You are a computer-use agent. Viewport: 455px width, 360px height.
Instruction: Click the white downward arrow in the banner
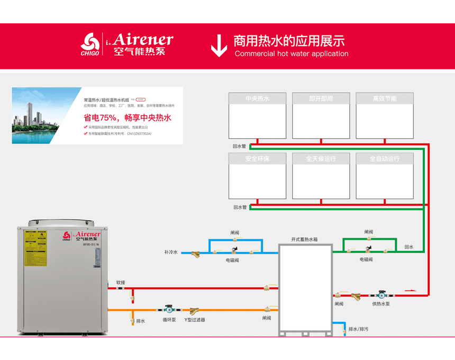pos(219,46)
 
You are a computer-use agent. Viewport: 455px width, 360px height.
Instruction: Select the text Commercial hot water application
pos(292,53)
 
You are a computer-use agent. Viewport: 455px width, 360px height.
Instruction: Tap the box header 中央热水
pos(257,98)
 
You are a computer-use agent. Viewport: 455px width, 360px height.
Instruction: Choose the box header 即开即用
pos(321,98)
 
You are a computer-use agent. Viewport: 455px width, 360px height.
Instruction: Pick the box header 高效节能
pos(384,98)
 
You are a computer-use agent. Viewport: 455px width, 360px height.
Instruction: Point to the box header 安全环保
pos(257,158)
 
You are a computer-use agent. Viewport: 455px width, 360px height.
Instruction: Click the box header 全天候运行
pos(321,158)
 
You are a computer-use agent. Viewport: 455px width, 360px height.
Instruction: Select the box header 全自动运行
pos(384,158)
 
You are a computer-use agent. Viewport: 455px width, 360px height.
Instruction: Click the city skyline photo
pos(45,115)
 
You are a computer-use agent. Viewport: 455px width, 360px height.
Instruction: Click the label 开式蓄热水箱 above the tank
pos(304,239)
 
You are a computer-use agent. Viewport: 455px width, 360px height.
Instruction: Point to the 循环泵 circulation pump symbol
pos(169,309)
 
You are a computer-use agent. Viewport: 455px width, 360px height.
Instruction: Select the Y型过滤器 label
pos(195,320)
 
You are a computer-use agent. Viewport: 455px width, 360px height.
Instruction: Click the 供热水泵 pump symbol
pos(380,294)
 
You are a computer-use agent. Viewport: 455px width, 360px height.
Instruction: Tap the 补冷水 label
pos(171,253)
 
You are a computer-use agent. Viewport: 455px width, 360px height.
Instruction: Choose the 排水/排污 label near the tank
pos(358,329)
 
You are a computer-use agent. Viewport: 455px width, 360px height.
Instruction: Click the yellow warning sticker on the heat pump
pos(35,248)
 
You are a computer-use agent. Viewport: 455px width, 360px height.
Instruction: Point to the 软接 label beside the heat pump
pos(121,283)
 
